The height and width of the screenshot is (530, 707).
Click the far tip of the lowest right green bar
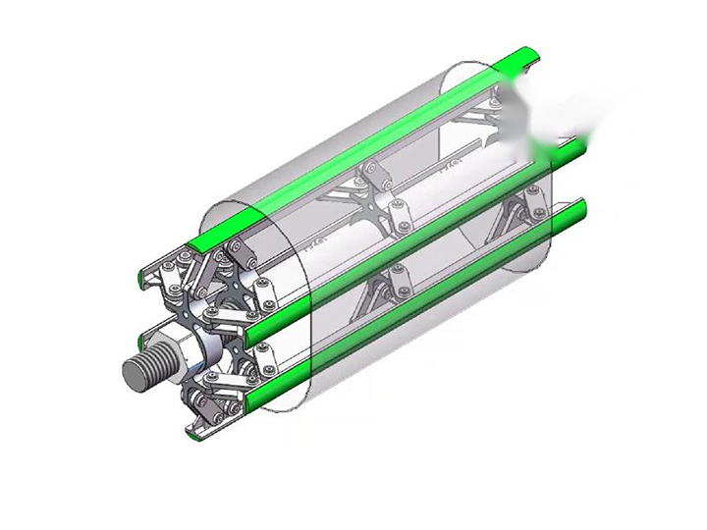[579, 205]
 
